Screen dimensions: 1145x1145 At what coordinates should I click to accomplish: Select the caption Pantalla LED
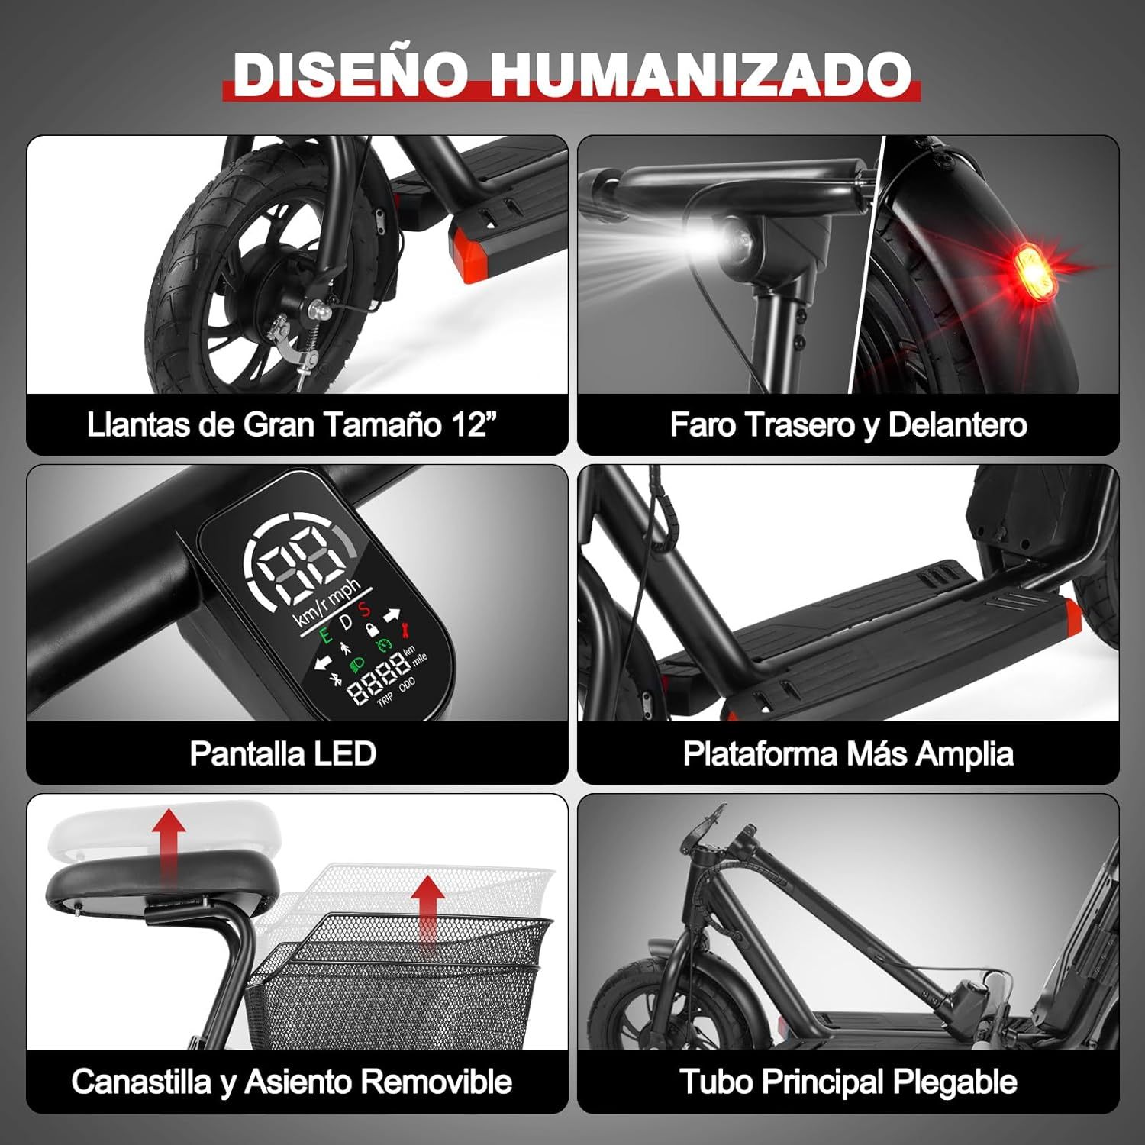click(x=282, y=753)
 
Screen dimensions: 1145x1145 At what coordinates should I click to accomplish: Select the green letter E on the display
click(x=325, y=634)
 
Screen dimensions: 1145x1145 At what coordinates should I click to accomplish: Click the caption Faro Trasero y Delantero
click(x=848, y=424)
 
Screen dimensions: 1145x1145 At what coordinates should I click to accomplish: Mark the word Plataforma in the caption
click(x=760, y=754)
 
